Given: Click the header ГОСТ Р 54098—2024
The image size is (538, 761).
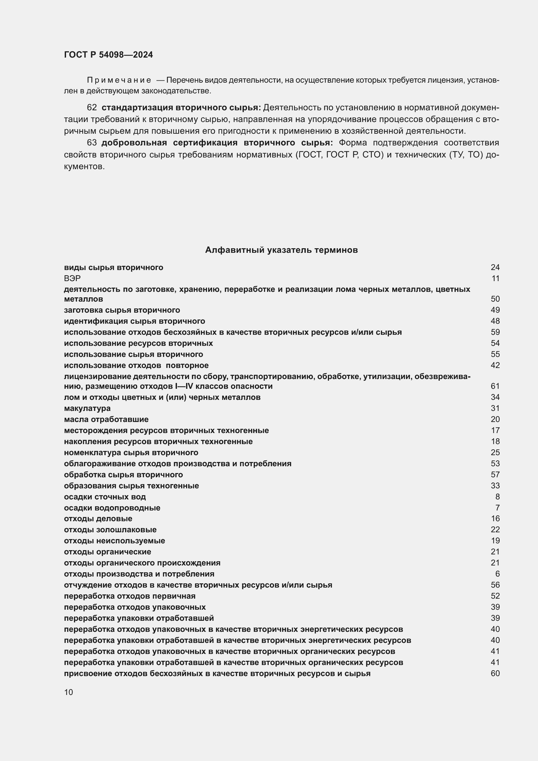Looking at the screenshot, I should [x=108, y=55].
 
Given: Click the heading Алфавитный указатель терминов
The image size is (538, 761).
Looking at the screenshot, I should [x=281, y=250].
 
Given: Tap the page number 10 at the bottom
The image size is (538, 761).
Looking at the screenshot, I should [x=69, y=692].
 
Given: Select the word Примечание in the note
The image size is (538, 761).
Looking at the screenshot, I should [x=119, y=80].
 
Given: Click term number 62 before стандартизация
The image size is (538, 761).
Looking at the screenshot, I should [x=92, y=107].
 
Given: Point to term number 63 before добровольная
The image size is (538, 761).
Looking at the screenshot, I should [x=92, y=143].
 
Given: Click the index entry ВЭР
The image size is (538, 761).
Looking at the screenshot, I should [x=72, y=279].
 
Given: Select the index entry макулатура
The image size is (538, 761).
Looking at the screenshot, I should [x=87, y=408].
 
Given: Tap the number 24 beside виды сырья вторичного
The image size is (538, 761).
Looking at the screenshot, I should [x=495, y=267].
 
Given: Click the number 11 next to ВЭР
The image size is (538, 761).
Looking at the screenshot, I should [x=495, y=279].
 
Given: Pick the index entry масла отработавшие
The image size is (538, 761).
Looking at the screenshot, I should [x=106, y=419].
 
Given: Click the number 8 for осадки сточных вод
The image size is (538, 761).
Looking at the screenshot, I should [x=497, y=497].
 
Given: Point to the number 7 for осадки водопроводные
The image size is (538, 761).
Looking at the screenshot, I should [x=497, y=508].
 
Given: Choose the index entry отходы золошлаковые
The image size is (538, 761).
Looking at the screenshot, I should [x=110, y=530].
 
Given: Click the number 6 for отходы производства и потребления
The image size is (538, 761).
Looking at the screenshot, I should [x=497, y=574].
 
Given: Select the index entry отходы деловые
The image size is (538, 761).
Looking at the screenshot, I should [x=98, y=519].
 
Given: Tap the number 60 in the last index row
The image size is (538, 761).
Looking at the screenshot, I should [x=495, y=673].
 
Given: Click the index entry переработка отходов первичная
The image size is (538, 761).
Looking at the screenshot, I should [x=129, y=596].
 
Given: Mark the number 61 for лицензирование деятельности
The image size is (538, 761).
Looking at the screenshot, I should [x=495, y=386].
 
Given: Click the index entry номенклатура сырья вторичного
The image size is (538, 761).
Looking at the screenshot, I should [x=131, y=453].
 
